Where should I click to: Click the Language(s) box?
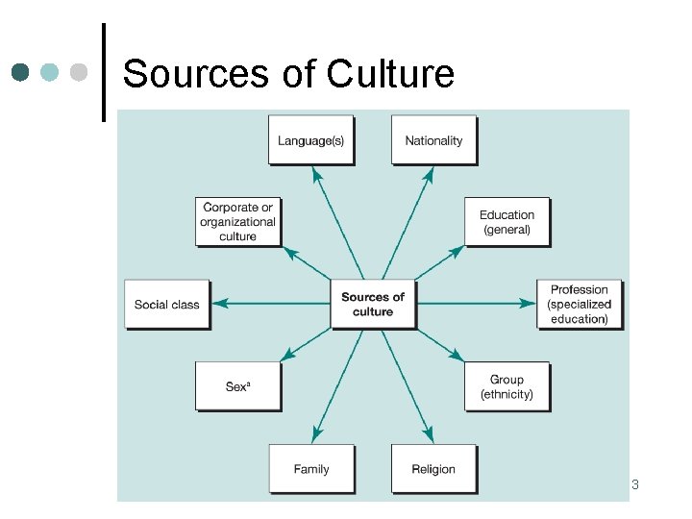pyautogui.click(x=310, y=140)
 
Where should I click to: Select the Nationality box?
pyautogui.click(x=433, y=140)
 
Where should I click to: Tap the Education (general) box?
pyautogui.click(x=507, y=222)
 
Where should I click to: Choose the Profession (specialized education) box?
pyautogui.click(x=579, y=304)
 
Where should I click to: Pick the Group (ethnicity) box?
pyautogui.click(x=507, y=387)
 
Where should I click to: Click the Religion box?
pyautogui.click(x=433, y=469)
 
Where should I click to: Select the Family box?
pyautogui.click(x=310, y=469)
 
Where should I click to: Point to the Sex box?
pyautogui.click(x=237, y=386)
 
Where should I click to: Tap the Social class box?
pyautogui.click(x=167, y=304)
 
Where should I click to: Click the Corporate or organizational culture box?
pyautogui.click(x=237, y=222)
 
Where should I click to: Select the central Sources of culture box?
pyautogui.click(x=373, y=304)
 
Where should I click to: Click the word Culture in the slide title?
pyautogui.click(x=390, y=73)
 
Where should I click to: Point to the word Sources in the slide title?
pyautogui.click(x=200, y=73)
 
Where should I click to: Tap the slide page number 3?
pyautogui.click(x=635, y=484)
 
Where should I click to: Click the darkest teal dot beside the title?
pyautogui.click(x=21, y=72)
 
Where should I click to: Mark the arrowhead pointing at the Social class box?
pyautogui.click(x=218, y=304)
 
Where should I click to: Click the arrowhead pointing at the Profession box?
pyautogui.click(x=529, y=304)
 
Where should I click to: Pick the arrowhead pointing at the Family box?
pyautogui.click(x=315, y=434)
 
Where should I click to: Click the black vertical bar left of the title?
pyautogui.click(x=103, y=72)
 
